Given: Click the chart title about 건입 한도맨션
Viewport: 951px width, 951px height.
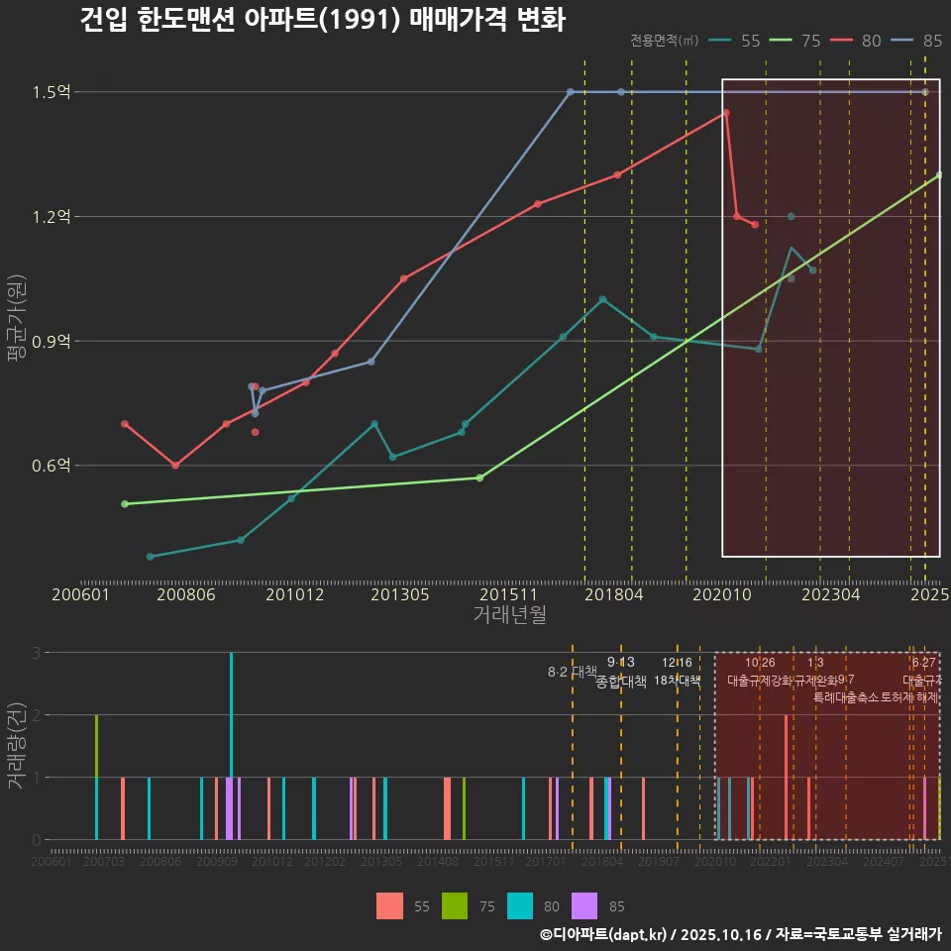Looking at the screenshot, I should pos(322,20).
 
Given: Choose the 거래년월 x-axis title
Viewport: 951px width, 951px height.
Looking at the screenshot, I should pos(509,615).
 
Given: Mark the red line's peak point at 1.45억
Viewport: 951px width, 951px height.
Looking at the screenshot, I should pos(726,113).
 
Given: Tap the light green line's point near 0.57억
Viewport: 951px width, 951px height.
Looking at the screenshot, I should pos(479,477).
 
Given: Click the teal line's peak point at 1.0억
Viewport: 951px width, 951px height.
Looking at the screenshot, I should pos(602,299).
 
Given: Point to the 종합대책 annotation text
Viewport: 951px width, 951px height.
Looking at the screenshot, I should pos(621,682).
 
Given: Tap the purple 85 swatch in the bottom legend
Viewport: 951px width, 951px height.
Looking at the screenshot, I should pos(585,905).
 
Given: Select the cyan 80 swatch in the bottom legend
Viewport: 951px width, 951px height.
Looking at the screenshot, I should pos(520,905).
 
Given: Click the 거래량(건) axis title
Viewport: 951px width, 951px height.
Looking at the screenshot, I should pos(16,745).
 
